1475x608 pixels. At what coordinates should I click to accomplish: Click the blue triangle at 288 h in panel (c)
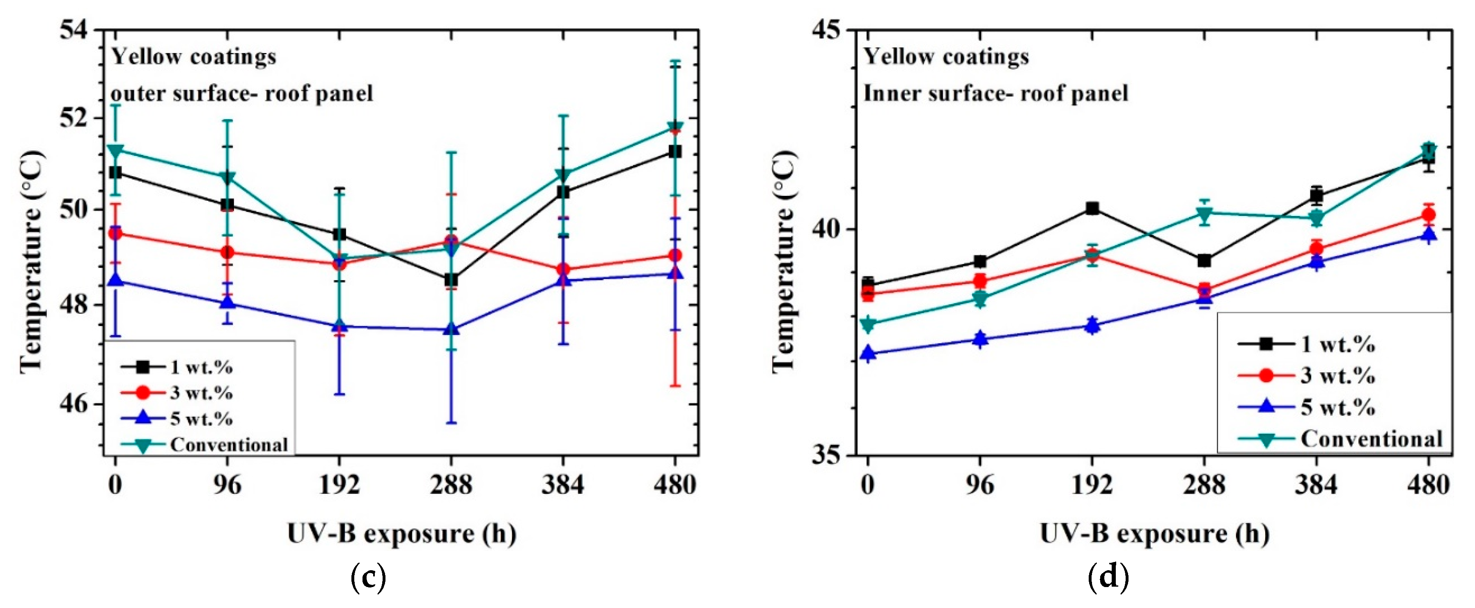[451, 329]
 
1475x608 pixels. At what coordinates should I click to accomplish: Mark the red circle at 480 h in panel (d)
[1429, 215]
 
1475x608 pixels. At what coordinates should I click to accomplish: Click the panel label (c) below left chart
[367, 579]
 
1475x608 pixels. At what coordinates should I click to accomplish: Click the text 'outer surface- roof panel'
[241, 93]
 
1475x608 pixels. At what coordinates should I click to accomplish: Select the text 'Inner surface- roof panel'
[995, 93]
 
